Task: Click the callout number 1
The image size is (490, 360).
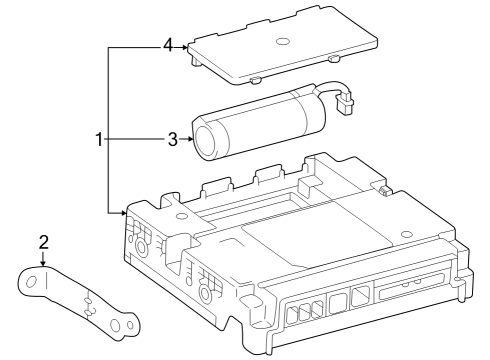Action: [x=99, y=139]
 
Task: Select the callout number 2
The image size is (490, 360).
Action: [x=44, y=242]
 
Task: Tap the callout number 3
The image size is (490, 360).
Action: [x=173, y=139]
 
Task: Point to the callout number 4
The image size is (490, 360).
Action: [x=168, y=45]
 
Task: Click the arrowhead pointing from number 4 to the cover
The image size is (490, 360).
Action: [x=185, y=48]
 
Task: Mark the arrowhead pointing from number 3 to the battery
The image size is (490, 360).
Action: [x=190, y=139]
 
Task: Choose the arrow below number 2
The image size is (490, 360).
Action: [x=43, y=259]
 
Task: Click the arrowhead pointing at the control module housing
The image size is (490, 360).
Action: [x=124, y=212]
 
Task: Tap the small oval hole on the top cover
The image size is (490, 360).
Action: [x=282, y=41]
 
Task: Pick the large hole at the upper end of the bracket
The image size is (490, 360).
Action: [x=32, y=282]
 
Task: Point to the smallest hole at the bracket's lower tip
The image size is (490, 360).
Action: [x=130, y=326]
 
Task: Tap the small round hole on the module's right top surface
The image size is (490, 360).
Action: [x=406, y=234]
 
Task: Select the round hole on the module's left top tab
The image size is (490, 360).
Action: [x=182, y=216]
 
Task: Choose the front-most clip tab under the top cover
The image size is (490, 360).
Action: [x=254, y=80]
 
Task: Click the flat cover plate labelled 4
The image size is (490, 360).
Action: [x=283, y=45]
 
